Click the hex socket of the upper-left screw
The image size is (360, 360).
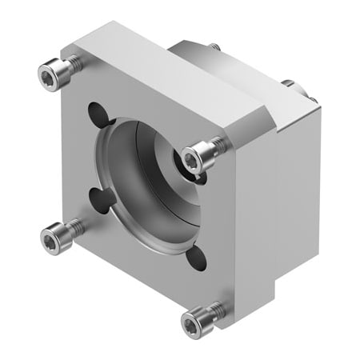point(50,75)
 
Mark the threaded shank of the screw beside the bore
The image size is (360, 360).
point(216,144)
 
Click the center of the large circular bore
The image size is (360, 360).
point(148,188)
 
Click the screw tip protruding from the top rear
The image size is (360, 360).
point(214,48)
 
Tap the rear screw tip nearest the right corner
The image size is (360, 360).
point(313,100)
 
